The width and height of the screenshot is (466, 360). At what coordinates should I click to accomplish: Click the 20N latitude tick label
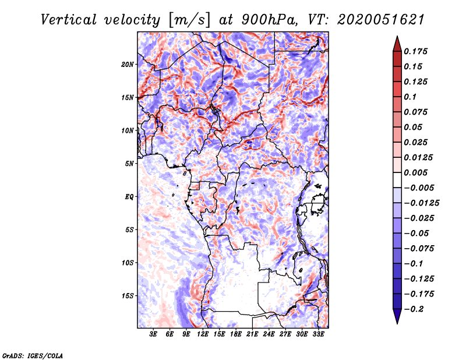128,64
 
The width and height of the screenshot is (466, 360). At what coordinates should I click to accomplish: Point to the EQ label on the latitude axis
129,197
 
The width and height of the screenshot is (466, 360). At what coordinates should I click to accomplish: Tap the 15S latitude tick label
128,296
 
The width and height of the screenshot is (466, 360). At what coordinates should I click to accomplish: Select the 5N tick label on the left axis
129,164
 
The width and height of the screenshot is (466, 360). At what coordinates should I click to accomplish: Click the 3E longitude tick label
154,334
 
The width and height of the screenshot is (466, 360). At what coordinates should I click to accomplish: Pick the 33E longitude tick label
318,334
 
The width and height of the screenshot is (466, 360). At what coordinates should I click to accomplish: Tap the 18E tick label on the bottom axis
236,334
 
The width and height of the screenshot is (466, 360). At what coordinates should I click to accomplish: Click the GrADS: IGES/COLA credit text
33,355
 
